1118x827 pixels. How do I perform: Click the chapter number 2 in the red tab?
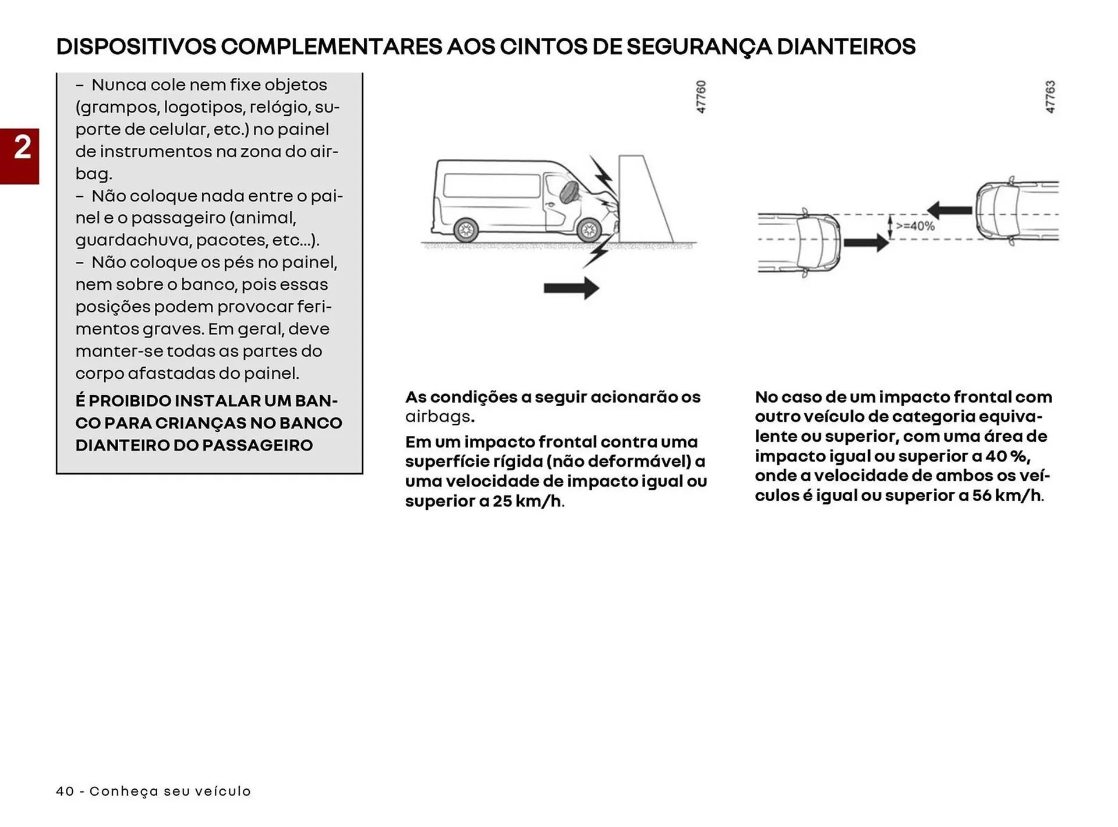point(22,148)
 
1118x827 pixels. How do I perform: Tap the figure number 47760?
point(701,97)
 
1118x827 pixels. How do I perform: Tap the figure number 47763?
point(1050,97)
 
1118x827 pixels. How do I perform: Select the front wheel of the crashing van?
point(589,230)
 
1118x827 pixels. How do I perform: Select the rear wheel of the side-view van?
point(465,230)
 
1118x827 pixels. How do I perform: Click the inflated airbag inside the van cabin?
point(569,191)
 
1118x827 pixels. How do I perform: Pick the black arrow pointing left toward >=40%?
point(949,210)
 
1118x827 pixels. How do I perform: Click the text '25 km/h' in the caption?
point(528,501)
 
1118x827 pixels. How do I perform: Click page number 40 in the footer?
point(65,791)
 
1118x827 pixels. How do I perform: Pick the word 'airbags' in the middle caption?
point(438,417)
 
